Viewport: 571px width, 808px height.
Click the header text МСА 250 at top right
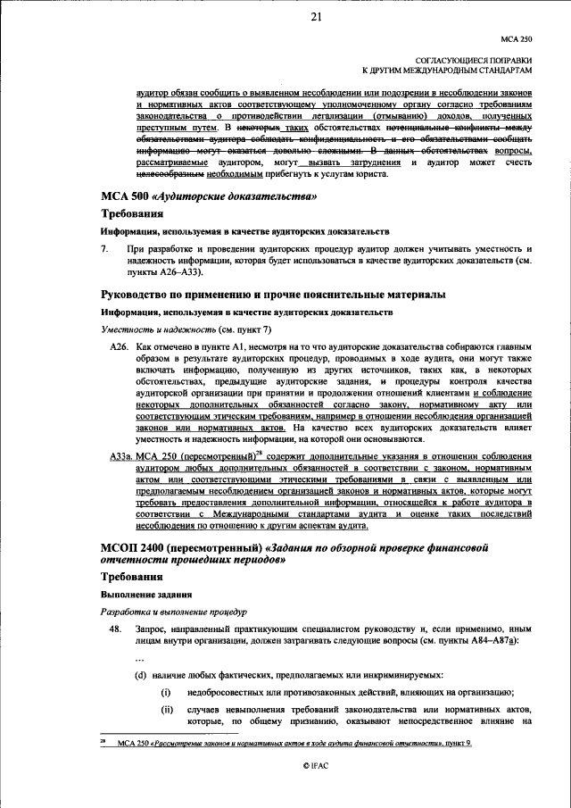click(516, 38)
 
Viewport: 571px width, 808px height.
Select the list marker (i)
click(165, 693)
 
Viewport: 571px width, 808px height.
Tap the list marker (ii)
click(166, 712)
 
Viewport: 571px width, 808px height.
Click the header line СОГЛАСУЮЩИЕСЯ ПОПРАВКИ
click(472, 57)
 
